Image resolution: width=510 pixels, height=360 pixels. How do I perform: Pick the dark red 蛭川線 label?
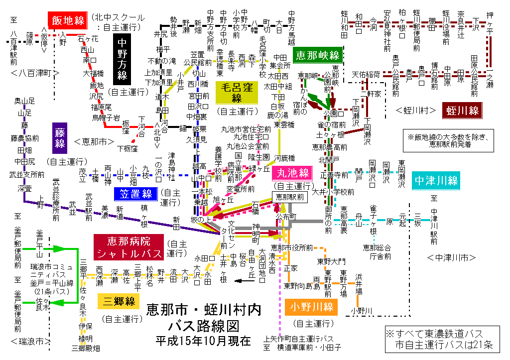click(463, 110)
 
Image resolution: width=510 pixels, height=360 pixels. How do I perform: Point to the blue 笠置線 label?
click(135, 194)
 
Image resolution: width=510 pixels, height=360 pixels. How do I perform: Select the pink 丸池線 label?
click(291, 174)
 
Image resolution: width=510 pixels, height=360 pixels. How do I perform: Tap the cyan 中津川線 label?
click(436, 180)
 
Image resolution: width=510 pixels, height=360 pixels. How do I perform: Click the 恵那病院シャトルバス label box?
click(129, 247)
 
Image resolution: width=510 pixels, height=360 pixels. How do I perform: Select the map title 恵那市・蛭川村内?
click(204, 311)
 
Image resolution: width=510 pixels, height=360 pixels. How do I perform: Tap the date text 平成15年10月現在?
click(203, 341)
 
